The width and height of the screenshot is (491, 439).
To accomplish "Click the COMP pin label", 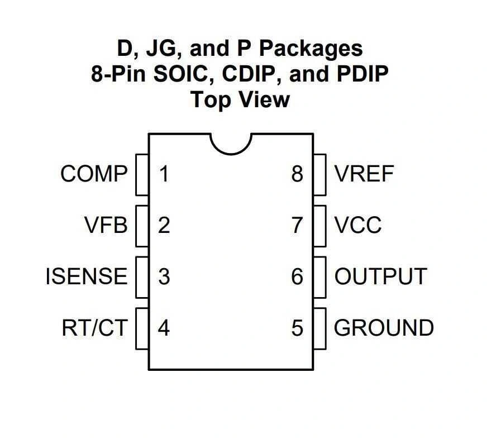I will (x=94, y=174).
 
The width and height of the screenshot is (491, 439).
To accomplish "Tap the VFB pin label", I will (x=106, y=226).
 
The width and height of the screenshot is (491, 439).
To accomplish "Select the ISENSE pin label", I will (x=87, y=276).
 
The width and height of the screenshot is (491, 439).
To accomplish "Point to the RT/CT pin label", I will (x=94, y=328).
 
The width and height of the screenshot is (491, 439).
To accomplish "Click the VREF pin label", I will (x=364, y=174).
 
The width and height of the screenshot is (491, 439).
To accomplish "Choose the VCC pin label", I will (x=357, y=226).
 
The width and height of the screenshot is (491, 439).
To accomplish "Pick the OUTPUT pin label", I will (x=380, y=276).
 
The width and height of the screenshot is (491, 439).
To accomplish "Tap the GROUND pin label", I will (x=384, y=328).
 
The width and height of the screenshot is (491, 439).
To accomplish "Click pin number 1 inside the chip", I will (x=163, y=174).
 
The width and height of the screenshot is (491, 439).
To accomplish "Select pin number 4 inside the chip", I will (x=163, y=328).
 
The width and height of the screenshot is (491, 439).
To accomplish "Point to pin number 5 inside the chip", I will (x=297, y=328).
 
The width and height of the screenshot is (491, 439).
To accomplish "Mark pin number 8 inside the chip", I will (x=297, y=174).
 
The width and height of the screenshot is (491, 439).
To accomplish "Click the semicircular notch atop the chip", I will (x=230, y=143).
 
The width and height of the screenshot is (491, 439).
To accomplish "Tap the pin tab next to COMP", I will (x=142, y=174).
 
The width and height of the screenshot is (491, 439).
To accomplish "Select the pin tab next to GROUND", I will (x=320, y=328).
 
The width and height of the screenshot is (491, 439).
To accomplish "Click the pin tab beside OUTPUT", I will (x=320, y=276).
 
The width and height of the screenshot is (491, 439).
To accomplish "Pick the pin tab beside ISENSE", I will (x=142, y=276).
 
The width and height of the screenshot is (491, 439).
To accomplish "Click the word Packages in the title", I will (x=311, y=49).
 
